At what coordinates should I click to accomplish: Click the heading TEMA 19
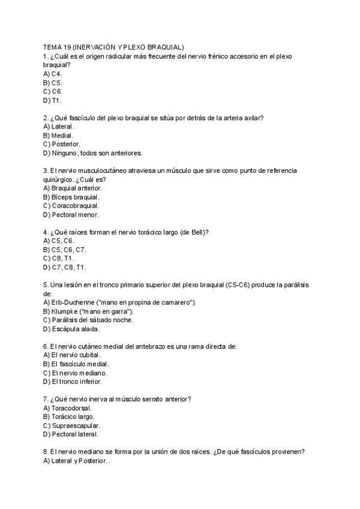coord(113,47)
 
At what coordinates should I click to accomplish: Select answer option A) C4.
coord(53,73)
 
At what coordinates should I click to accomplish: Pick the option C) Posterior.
coord(62,144)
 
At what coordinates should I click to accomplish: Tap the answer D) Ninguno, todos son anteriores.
coord(92,153)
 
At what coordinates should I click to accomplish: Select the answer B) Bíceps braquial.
coord(71,197)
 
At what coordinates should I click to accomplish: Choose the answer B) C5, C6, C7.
coord(65,250)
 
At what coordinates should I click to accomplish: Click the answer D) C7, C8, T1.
coord(65,267)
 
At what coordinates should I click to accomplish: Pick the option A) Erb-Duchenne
coord(119,303)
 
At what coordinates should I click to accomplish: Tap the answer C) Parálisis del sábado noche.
coord(88,320)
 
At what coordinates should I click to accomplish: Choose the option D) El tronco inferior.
coord(73,381)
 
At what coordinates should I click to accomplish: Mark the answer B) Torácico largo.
coord(69,417)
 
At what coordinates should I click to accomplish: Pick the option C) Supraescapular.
coord(71,426)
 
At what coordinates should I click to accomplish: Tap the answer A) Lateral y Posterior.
coord(75,460)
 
